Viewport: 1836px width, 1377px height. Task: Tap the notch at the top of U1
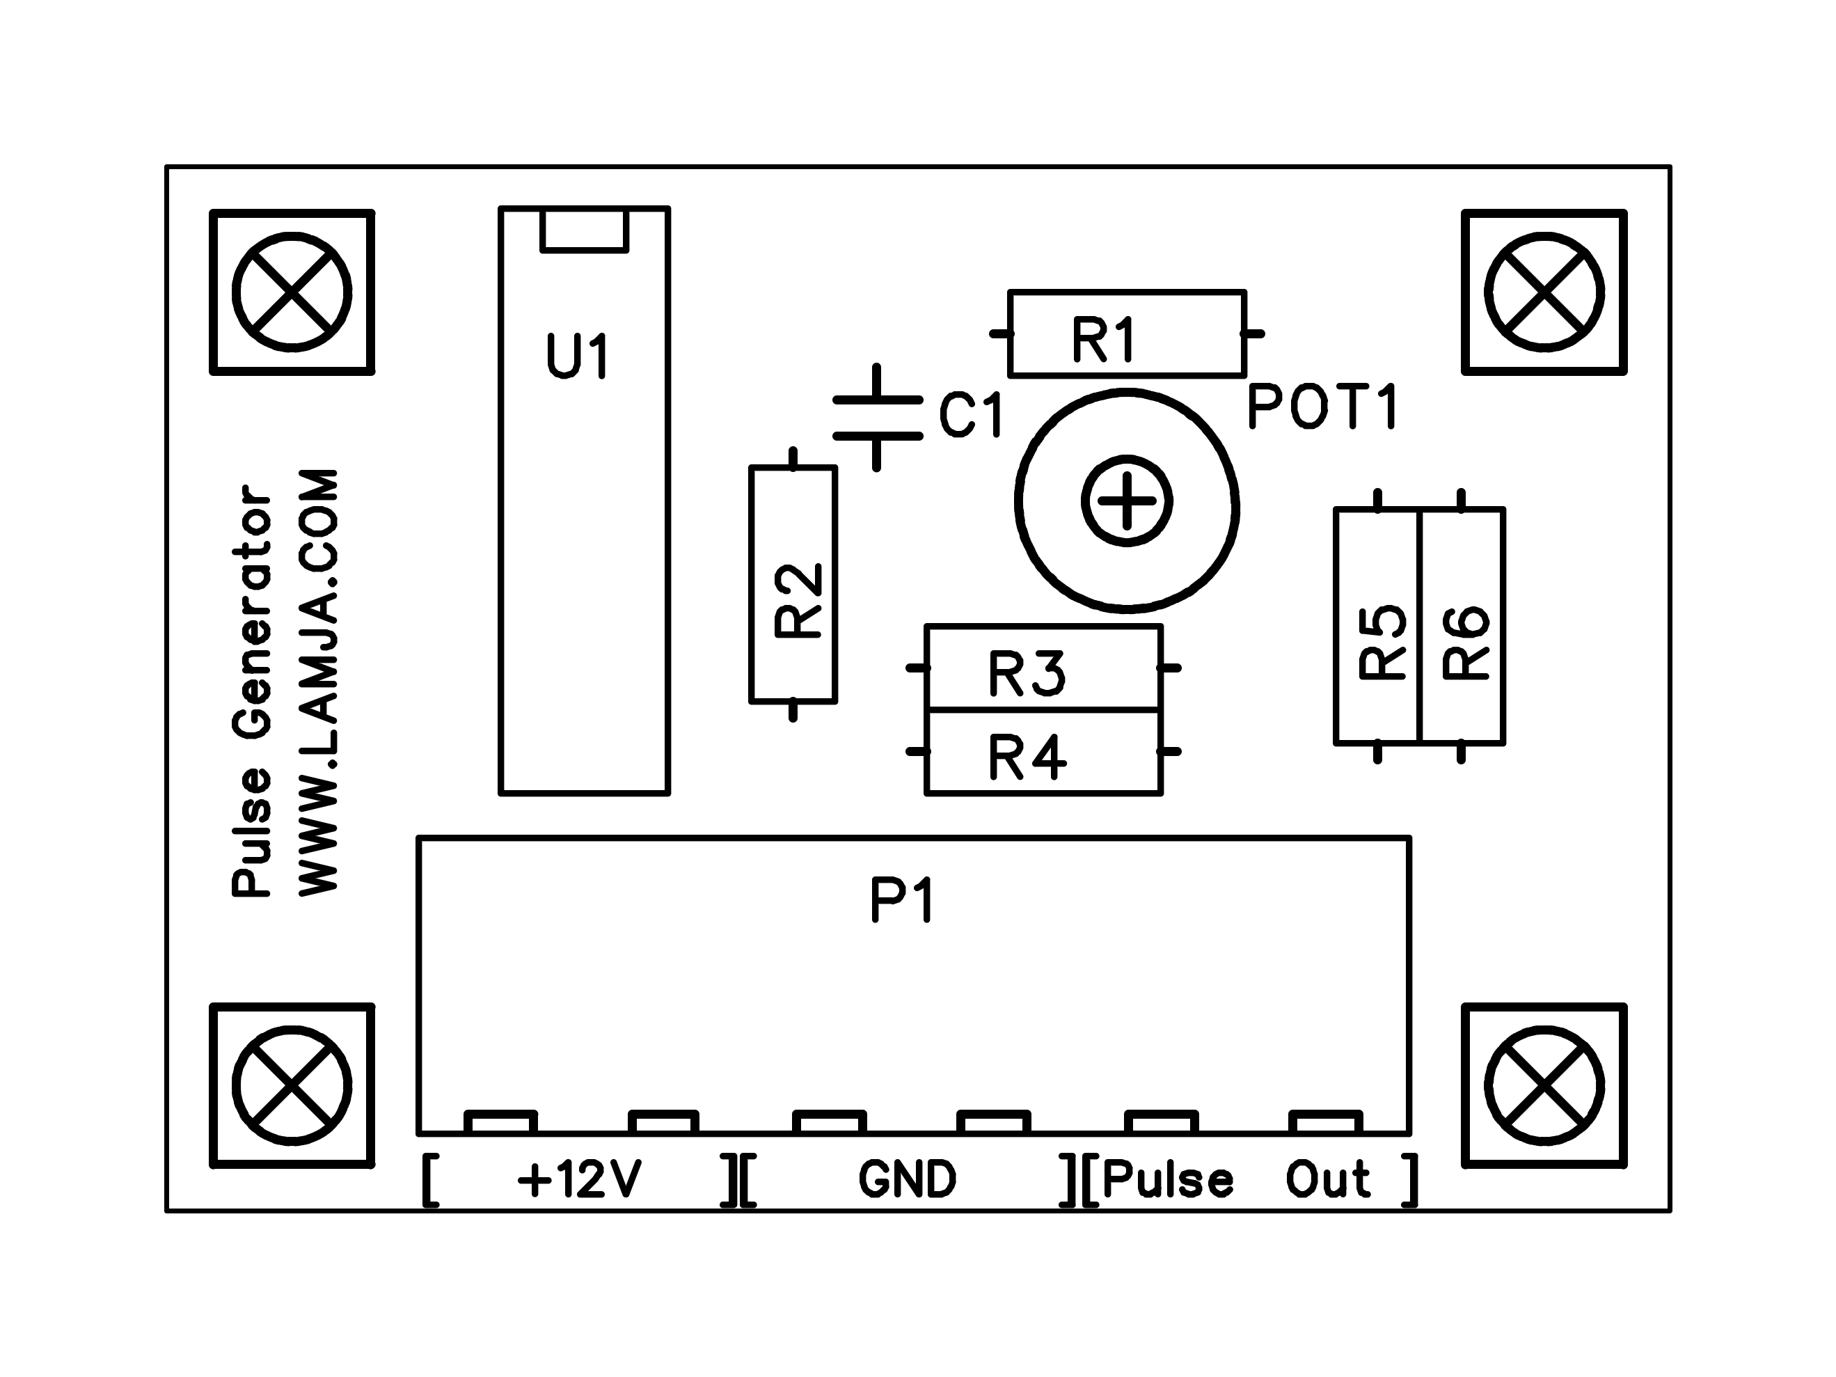coord(585,230)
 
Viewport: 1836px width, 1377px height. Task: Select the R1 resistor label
coord(1104,340)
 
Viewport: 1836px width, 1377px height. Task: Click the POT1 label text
coord(1323,406)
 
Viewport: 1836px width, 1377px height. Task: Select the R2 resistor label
coord(798,600)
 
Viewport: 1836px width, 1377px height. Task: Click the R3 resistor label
coord(1027,673)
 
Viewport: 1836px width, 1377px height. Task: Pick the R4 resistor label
coord(1027,757)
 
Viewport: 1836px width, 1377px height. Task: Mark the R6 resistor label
coord(1466,643)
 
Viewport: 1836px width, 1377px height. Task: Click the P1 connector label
coord(902,901)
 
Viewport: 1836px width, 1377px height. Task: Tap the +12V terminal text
coord(579,1179)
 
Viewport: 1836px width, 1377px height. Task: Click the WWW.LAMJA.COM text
coord(319,682)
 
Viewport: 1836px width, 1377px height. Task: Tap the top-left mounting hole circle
coord(292,292)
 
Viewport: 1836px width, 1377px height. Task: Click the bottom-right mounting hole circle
coord(1544,1086)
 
